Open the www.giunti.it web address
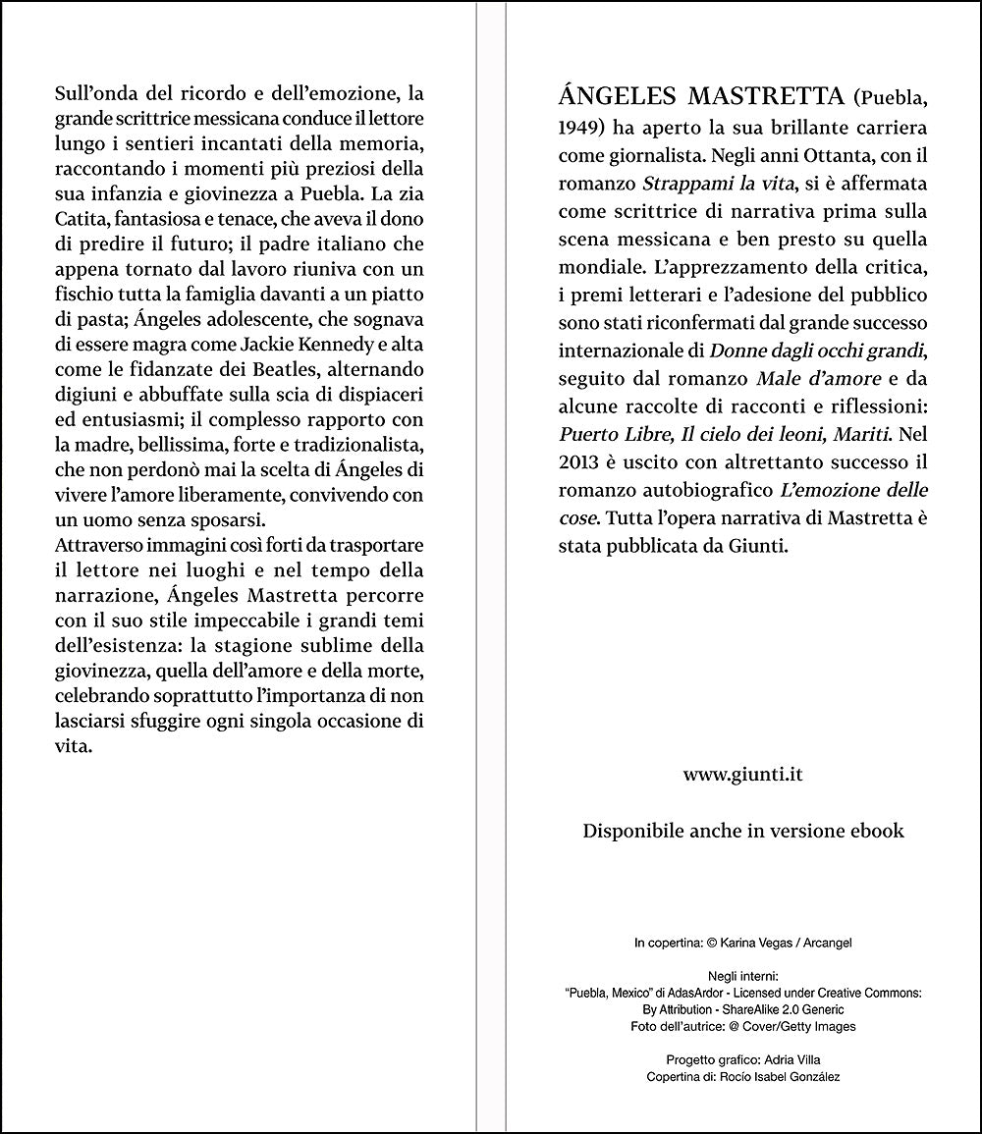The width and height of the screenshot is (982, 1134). pos(743,774)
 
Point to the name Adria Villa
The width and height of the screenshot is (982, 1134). pos(790,1059)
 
